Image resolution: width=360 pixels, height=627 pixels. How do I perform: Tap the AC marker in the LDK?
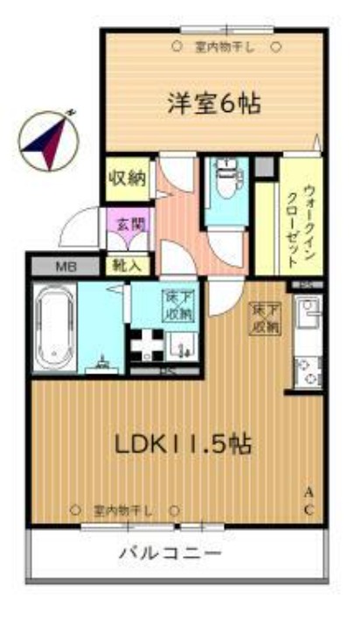309,500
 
